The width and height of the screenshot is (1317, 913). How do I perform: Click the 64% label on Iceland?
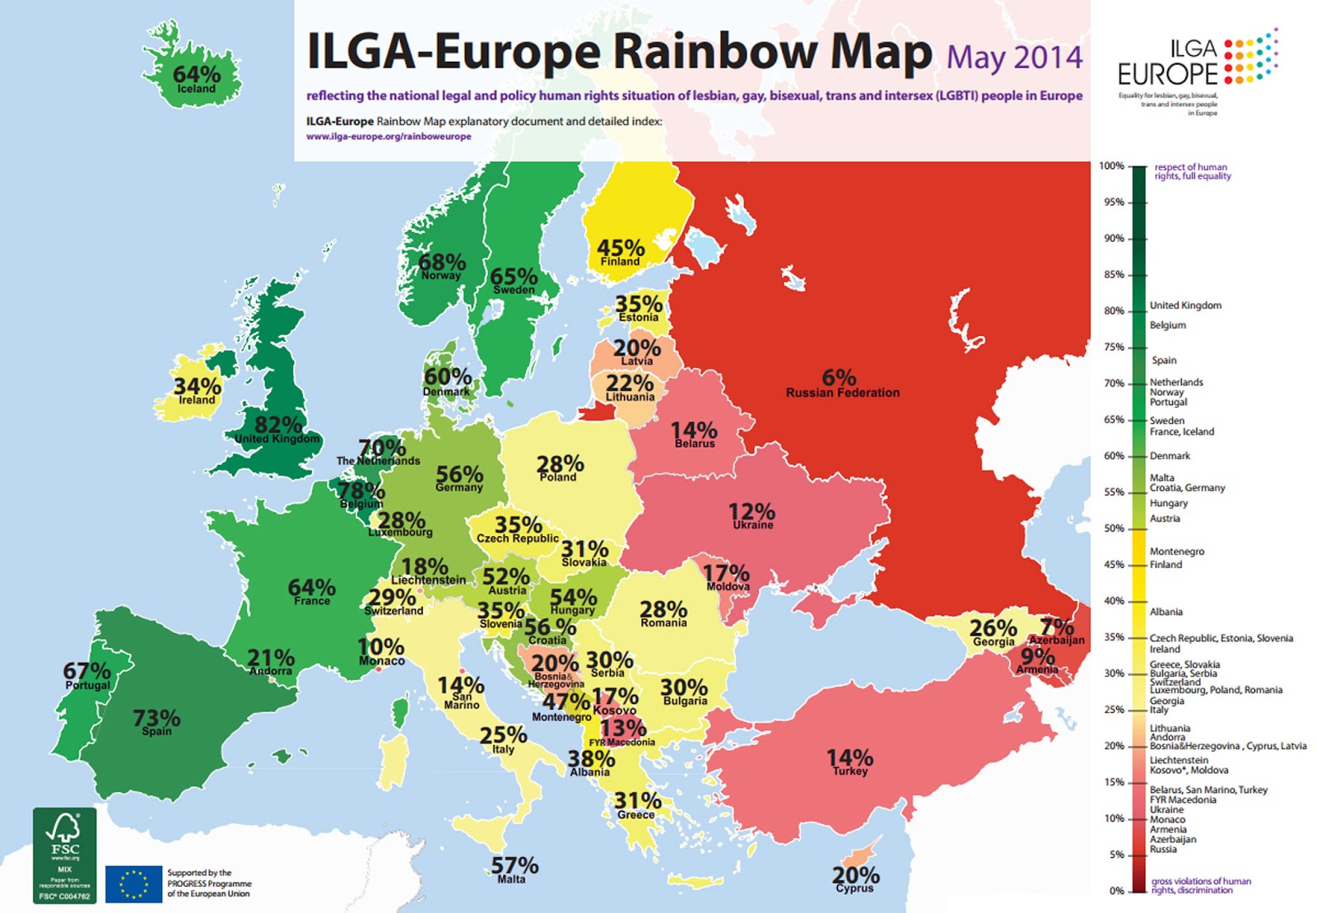(x=196, y=74)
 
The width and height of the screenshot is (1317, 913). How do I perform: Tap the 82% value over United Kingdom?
(x=278, y=425)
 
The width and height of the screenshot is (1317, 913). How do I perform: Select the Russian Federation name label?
(x=842, y=393)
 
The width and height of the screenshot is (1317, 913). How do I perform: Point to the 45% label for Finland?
(x=621, y=248)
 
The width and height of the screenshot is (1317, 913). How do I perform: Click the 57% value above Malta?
(x=514, y=865)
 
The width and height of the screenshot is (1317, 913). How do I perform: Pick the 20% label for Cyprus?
(x=855, y=875)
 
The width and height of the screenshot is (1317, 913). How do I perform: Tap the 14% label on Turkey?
(x=849, y=757)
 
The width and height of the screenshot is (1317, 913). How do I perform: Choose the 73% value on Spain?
(x=156, y=718)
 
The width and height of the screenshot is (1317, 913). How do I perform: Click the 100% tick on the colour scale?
(x=1111, y=166)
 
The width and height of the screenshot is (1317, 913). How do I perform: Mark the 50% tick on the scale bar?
(x=1114, y=529)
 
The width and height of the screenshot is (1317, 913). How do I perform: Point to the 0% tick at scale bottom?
(x=1116, y=891)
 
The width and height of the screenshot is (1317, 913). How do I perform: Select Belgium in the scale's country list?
(x=1167, y=325)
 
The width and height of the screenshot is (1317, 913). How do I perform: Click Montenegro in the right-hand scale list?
(x=1176, y=552)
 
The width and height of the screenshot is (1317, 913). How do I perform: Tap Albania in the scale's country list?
(x=1166, y=612)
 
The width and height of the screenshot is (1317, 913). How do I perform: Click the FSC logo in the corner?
(x=65, y=855)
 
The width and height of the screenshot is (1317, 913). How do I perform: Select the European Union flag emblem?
(x=133, y=884)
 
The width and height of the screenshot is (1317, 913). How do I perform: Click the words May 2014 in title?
(x=1014, y=58)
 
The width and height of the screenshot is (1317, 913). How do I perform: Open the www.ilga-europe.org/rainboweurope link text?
(x=389, y=137)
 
